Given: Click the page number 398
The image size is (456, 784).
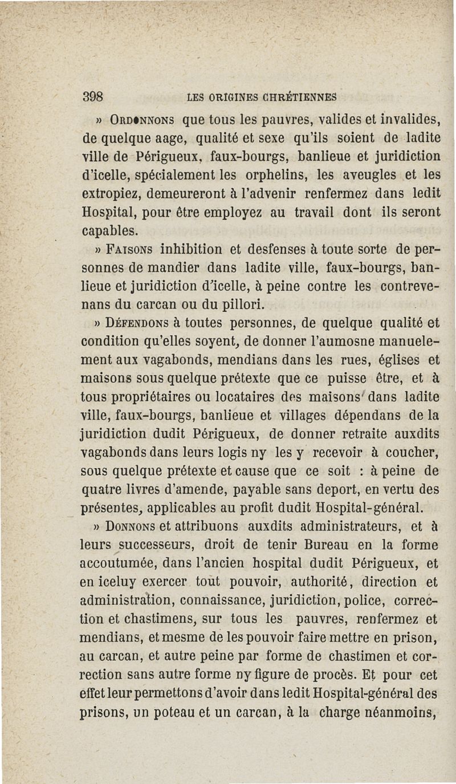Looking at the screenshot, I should (92, 96).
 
